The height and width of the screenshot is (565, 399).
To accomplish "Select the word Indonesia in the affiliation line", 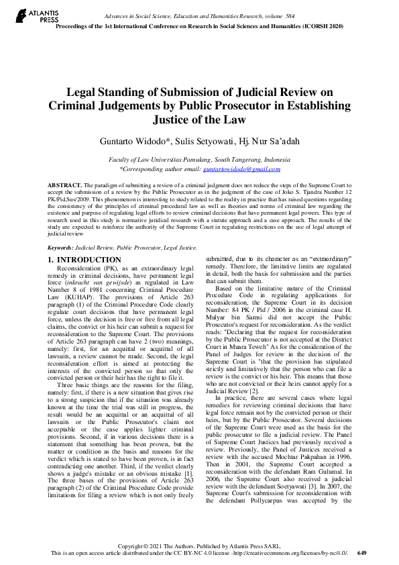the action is point(273,160).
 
